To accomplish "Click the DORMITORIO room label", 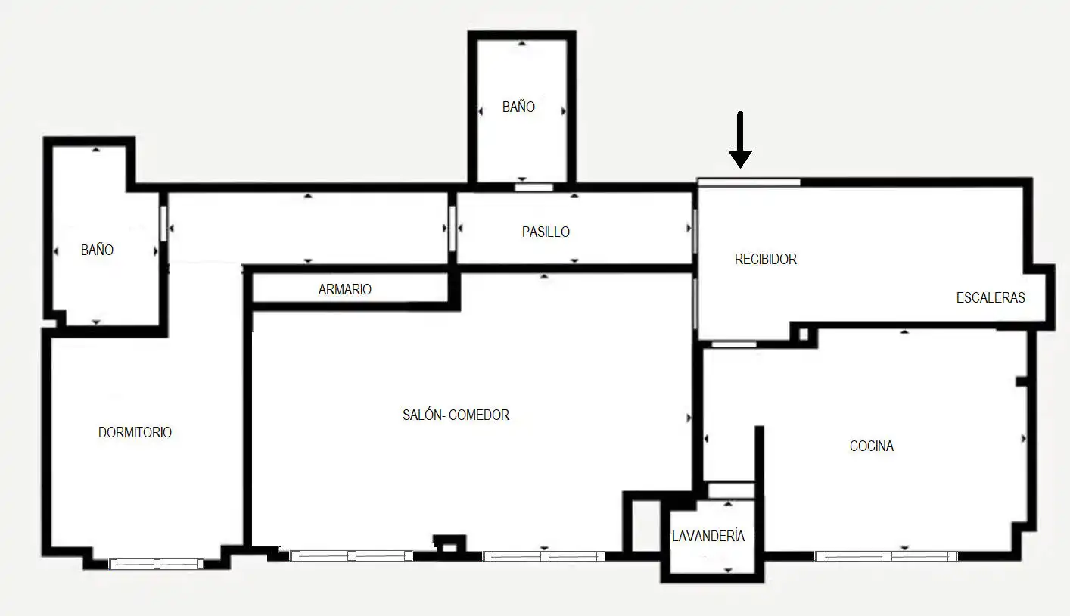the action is (135, 432).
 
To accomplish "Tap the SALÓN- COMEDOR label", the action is (456, 415).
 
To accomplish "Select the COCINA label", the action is (871, 446).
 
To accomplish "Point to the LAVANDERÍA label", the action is (708, 537).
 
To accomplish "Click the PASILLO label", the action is (546, 232).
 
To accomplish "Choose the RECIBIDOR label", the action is (765, 260).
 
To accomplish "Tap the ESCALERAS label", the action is (991, 298).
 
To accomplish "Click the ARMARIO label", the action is (344, 289).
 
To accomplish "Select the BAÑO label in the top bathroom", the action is (518, 107).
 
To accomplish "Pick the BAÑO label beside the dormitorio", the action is (97, 250).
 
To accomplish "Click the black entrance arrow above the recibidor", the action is (740, 140).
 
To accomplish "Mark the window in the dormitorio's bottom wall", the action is (156, 564).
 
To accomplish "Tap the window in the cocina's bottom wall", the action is (886, 556).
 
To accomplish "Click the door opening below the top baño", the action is (533, 188).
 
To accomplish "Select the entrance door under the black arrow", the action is (748, 182).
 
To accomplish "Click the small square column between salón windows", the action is (449, 546).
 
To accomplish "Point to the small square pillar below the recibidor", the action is (804, 334).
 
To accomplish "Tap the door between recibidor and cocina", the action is (734, 344).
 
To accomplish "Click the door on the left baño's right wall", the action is (163, 223).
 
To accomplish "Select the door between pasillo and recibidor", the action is (695, 231).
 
